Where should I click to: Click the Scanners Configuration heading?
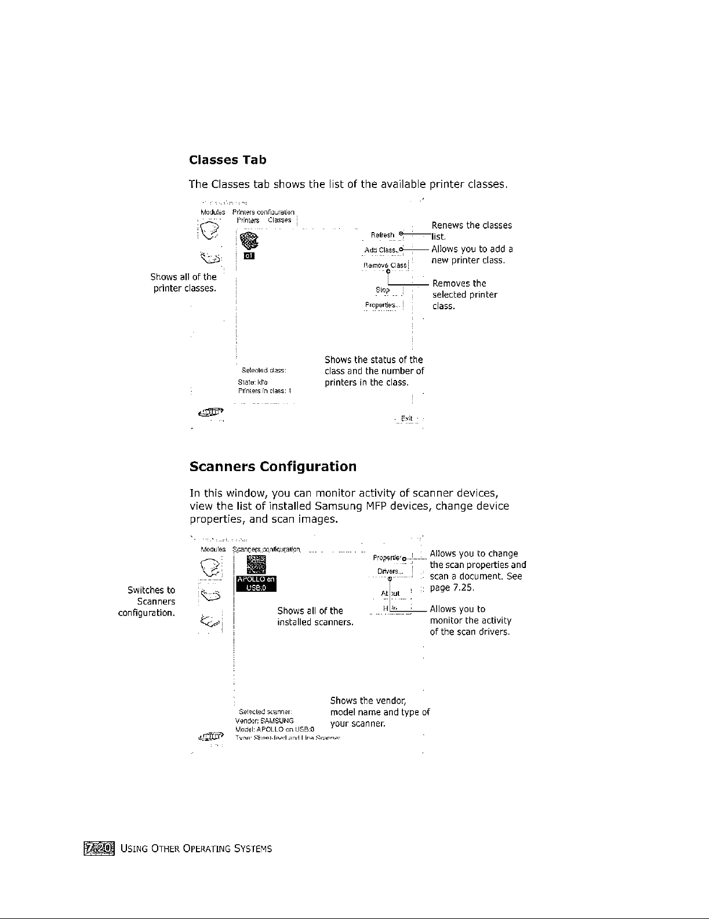[x=272, y=466]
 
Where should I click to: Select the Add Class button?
[x=381, y=250]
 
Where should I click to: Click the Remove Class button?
[x=385, y=265]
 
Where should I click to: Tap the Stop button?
[x=383, y=290]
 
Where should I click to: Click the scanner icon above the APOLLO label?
[x=256, y=563]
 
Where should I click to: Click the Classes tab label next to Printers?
[x=279, y=220]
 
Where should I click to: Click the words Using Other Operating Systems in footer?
[x=197, y=849]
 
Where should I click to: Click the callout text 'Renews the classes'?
[x=472, y=225]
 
